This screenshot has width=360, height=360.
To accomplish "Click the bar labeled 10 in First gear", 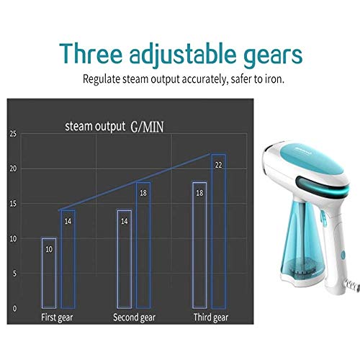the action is tap(42, 273).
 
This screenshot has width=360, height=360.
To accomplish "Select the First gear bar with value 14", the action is tap(61, 259).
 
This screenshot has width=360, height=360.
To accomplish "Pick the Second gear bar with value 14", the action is tap(118, 259).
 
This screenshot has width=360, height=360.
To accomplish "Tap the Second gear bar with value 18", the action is tap(137, 246).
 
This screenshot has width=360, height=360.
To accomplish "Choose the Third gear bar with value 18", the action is tap(193, 246).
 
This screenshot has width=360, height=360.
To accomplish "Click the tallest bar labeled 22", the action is tap(212, 231).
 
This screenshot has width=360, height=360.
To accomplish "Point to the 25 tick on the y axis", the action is tap(13, 134).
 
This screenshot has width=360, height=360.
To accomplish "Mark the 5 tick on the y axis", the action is tap(14, 274).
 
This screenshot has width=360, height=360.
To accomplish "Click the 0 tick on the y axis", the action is tap(14, 308).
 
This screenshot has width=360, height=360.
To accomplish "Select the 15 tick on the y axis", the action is tap(13, 204).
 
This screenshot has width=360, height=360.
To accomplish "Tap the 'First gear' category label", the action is tap(57, 318).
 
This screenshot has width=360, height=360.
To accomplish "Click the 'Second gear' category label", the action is tap(135, 318).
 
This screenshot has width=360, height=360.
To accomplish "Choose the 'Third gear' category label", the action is tap(211, 318).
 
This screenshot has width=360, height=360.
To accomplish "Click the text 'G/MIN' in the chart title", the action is tap(147, 127).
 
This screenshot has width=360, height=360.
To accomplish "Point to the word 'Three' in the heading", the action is tap(91, 53).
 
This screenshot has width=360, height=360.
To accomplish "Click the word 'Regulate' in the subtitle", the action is tap(101, 79).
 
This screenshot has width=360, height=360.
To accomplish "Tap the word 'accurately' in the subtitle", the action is tap(204, 79).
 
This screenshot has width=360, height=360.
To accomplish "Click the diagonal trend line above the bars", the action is tap(135, 182).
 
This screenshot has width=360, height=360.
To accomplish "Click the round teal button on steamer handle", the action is tap(343, 255).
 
